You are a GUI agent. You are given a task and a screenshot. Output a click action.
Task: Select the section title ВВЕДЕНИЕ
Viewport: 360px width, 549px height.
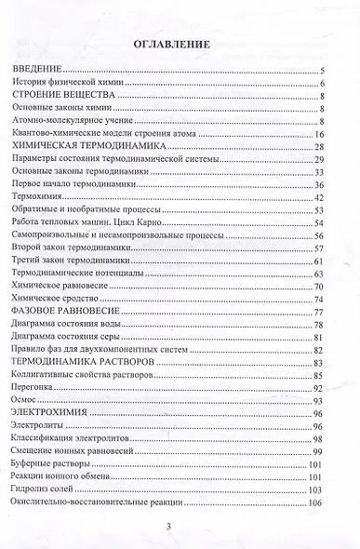point(35,71)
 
